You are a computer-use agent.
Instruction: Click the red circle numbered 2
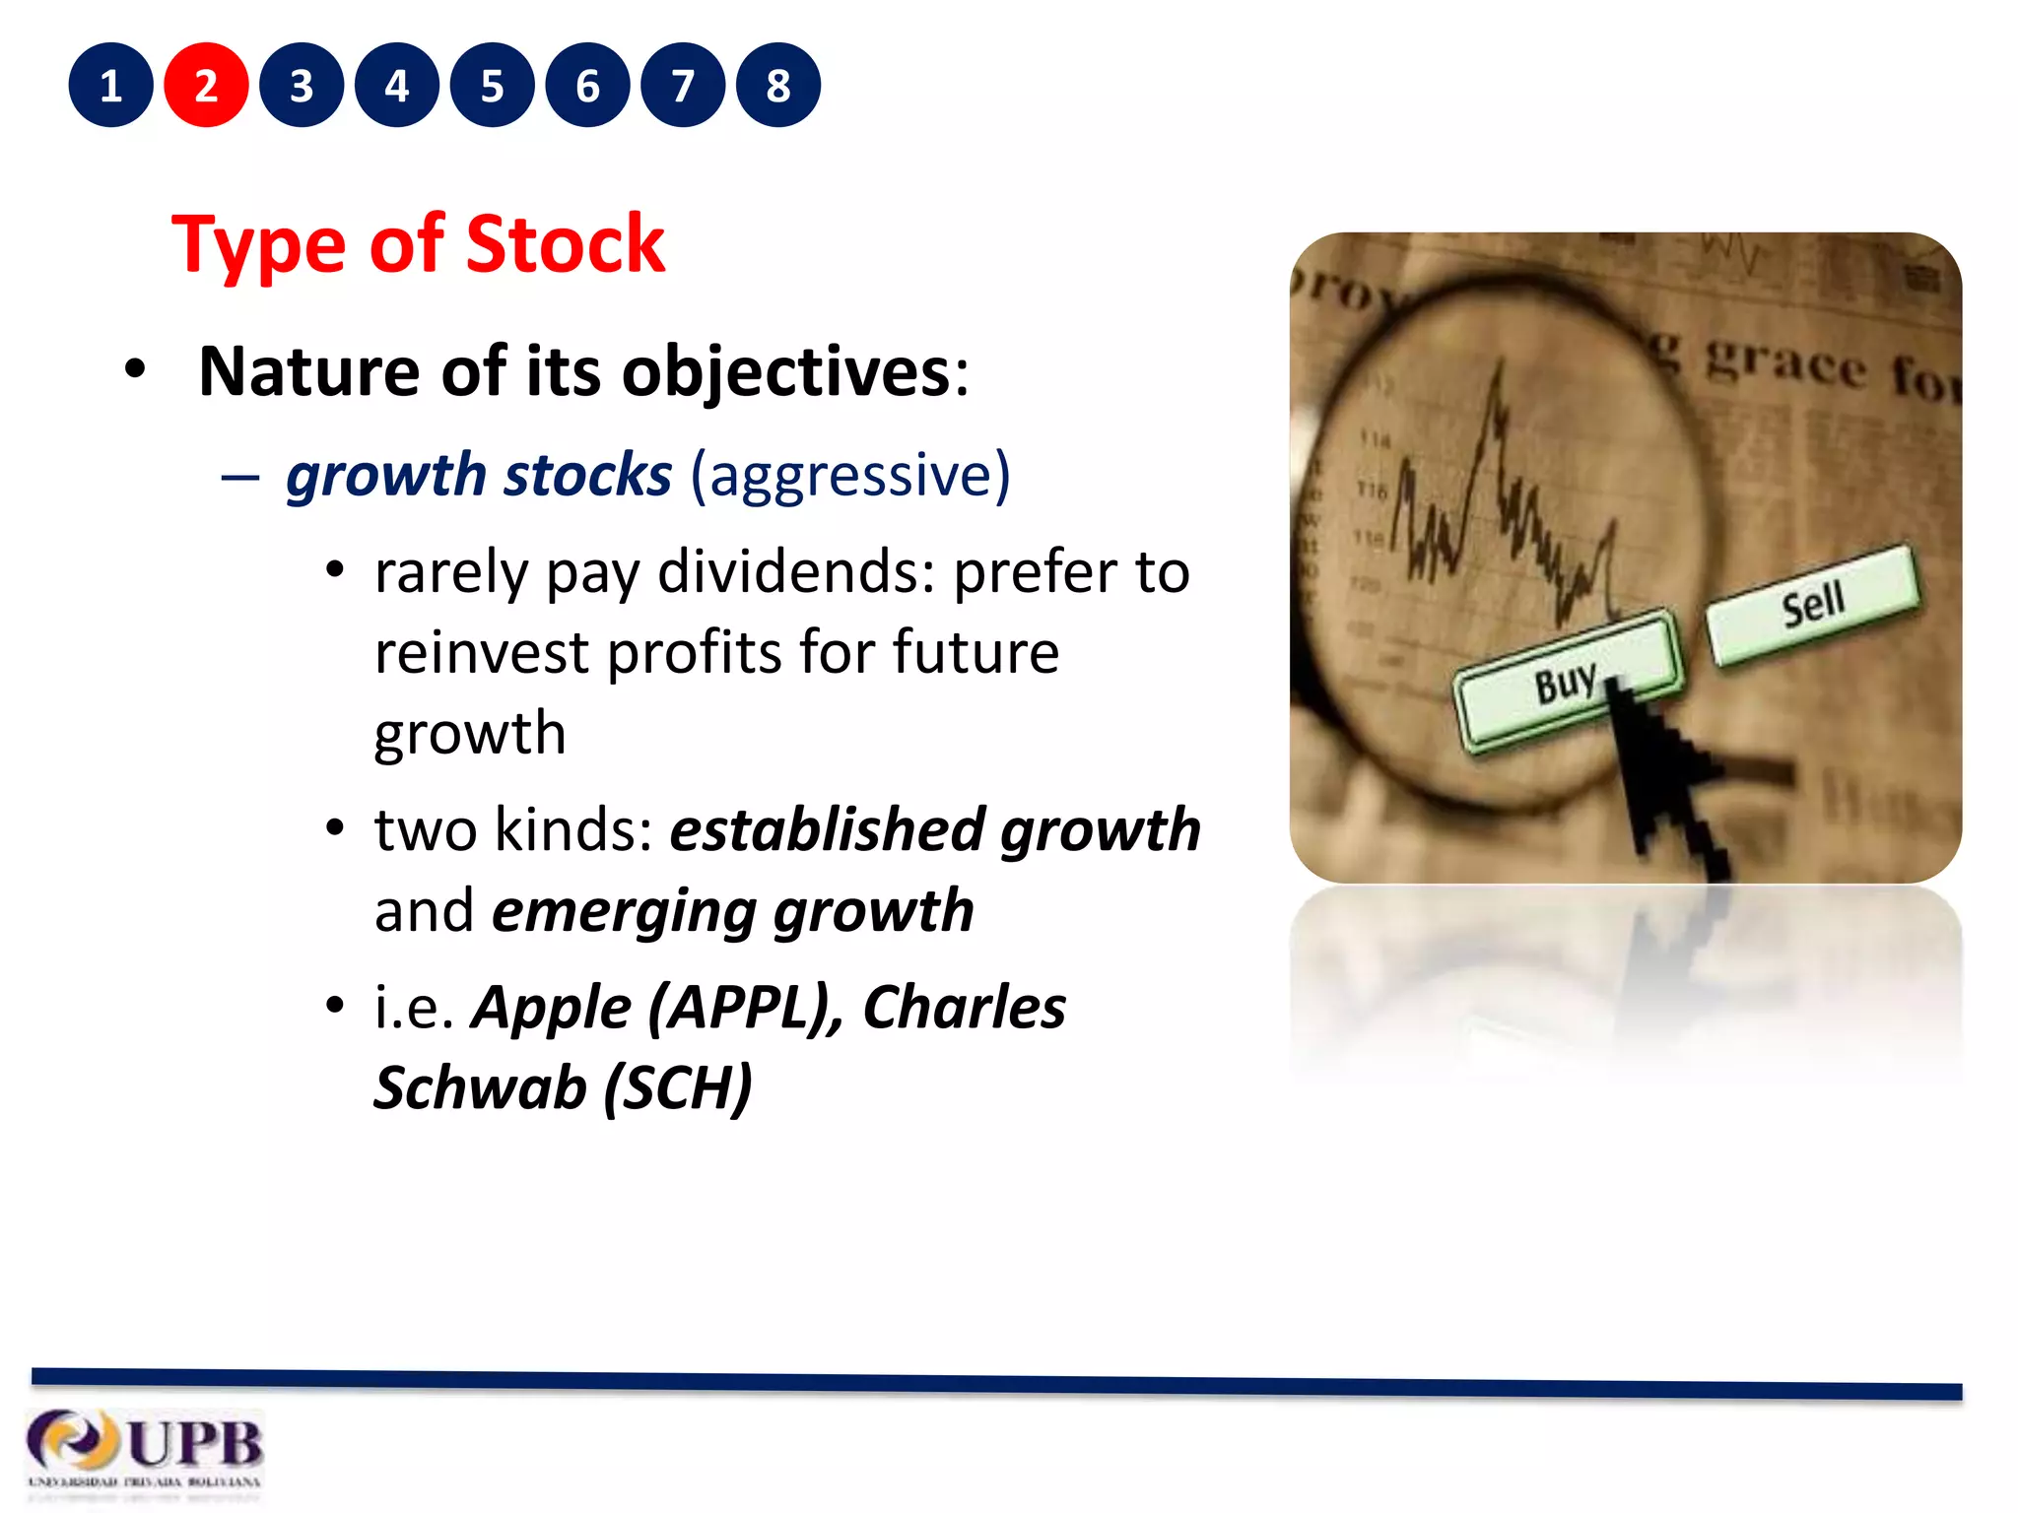tap(206, 86)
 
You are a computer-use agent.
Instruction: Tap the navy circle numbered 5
tap(492, 86)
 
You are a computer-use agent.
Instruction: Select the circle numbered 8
tap(777, 86)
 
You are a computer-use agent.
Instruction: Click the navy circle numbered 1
tap(110, 86)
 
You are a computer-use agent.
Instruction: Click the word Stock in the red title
tap(565, 244)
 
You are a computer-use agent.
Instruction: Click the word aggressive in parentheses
tap(849, 476)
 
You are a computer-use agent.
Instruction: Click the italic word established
tap(826, 829)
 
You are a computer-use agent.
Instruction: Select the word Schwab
tap(480, 1088)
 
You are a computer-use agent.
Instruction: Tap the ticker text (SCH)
tap(678, 1088)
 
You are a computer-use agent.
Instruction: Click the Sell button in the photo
tap(1813, 603)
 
